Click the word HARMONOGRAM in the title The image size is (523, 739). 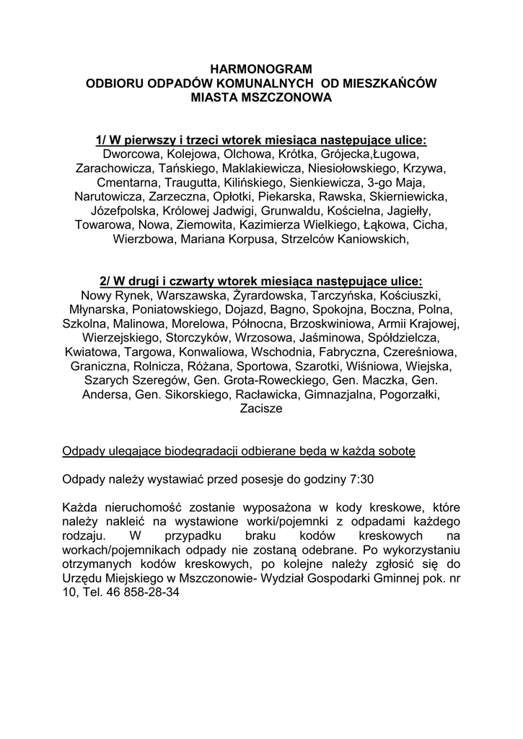click(x=261, y=70)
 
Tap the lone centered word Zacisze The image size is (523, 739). click(x=260, y=408)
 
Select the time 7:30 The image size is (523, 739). click(x=359, y=478)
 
